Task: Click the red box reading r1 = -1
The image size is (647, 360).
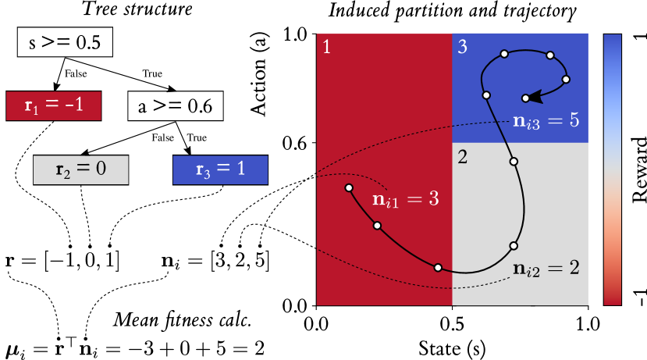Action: pos(53,105)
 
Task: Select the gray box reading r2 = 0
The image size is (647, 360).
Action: pos(80,169)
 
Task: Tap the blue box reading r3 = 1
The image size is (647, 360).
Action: pos(220,169)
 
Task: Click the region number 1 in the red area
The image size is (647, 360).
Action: pos(326,47)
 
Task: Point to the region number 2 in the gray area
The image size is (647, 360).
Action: pos(462,157)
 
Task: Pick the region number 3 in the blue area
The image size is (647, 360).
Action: pos(462,47)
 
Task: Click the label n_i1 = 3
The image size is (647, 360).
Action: pos(405,199)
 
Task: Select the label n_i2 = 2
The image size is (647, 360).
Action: pos(546,269)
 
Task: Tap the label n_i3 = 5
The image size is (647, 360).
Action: pos(546,121)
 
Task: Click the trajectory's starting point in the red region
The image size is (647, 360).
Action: pos(349,187)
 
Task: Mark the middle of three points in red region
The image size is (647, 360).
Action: pos(377,226)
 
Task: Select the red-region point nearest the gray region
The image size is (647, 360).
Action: pos(438,267)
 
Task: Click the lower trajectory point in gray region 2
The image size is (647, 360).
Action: pos(514,245)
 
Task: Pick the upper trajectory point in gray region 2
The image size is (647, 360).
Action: pos(514,162)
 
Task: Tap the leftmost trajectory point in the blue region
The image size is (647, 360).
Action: pos(486,95)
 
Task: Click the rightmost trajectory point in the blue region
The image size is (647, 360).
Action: pos(566,79)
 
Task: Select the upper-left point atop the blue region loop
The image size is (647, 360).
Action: pos(504,54)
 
